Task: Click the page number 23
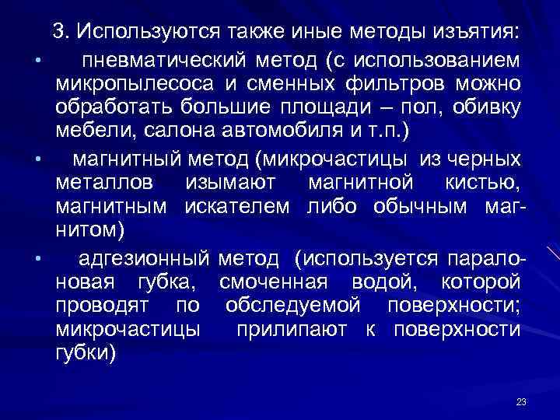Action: (521, 401)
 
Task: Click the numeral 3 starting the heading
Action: (58, 33)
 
